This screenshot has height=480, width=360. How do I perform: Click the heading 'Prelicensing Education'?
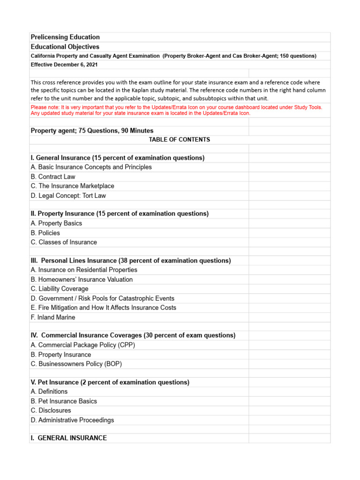[x=65, y=37]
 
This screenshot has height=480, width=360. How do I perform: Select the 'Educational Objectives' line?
[x=65, y=47]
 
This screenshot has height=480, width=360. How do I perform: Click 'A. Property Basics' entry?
[x=56, y=224]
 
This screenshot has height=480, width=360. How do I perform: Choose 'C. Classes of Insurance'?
[x=64, y=242]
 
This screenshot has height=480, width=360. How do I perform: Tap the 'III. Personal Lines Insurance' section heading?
[x=131, y=261]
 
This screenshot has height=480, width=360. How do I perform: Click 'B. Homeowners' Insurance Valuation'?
[x=82, y=279]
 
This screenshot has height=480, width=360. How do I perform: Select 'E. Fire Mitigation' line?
[x=104, y=307]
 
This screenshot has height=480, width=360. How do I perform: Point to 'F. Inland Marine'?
[x=53, y=317]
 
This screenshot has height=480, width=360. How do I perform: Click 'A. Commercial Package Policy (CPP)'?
[x=83, y=345]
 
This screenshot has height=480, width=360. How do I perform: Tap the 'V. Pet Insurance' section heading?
[x=110, y=382]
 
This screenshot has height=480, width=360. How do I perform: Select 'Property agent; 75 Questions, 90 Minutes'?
[x=92, y=131]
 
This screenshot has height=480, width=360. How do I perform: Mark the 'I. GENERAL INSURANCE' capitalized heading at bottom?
[x=69, y=438]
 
